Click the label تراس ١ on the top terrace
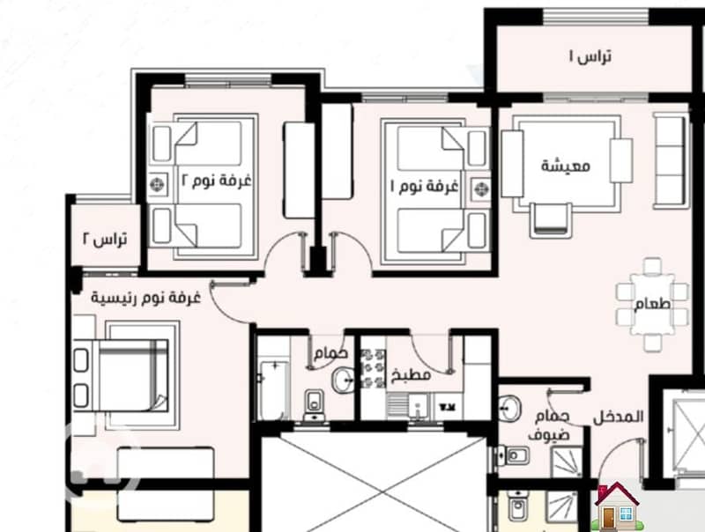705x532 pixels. click(590, 57)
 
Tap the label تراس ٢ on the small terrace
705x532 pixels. click(104, 239)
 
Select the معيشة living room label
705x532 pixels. click(566, 166)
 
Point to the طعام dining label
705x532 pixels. click(652, 304)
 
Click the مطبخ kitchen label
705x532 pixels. click(411, 374)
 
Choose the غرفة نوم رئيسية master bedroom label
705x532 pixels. click(145, 298)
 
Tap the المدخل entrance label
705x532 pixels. click(619, 417)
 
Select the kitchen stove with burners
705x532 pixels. click(373, 369)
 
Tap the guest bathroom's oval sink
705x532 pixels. click(509, 409)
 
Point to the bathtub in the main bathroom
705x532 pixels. click(272, 389)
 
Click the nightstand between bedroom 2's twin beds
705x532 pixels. click(158, 184)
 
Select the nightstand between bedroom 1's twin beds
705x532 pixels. click(480, 188)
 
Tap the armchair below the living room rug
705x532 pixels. click(551, 219)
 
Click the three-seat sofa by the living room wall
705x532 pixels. click(671, 161)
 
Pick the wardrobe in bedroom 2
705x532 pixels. click(299, 170)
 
